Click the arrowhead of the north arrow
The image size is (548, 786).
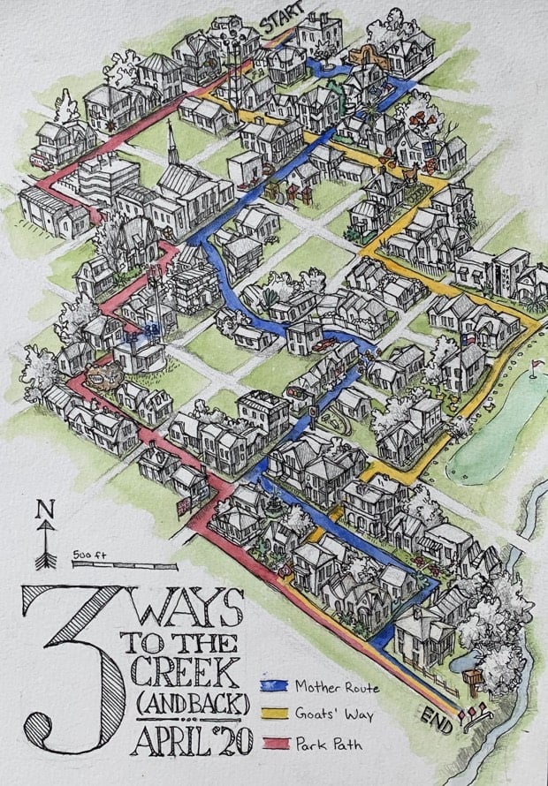tap(41, 527)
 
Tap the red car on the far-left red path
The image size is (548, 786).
tap(41, 160)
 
